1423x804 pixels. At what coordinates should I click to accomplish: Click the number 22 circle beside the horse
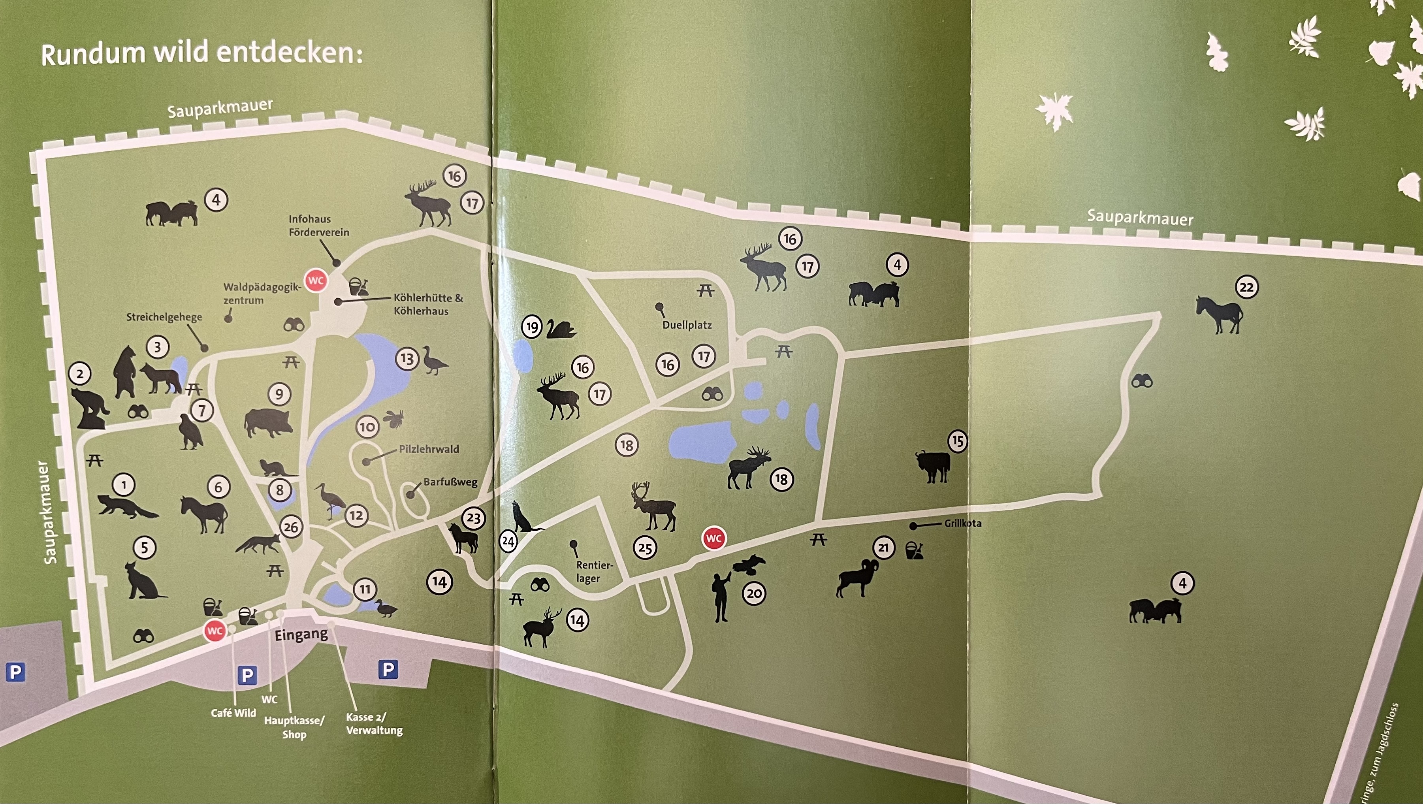coord(1247,287)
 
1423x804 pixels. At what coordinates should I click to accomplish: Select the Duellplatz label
coord(687,325)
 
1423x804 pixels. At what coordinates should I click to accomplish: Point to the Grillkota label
coord(962,523)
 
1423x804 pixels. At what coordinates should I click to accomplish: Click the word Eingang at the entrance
coord(301,635)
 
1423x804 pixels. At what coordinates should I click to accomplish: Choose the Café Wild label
coord(233,713)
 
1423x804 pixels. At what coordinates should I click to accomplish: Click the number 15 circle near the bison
coord(957,441)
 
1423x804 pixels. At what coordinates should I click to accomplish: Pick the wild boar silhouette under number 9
coord(268,423)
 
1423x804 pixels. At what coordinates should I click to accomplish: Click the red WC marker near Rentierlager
coord(714,538)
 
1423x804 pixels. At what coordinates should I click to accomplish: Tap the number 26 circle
coord(291,527)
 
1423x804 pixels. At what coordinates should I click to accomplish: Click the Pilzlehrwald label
coord(429,449)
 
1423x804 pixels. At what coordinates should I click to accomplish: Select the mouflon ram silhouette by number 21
coord(856,578)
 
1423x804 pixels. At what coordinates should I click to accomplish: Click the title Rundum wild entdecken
coord(201,54)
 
